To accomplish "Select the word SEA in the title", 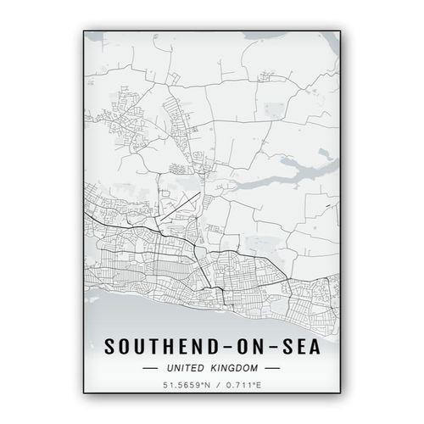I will click(303, 348).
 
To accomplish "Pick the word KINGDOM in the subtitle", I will click(237, 369).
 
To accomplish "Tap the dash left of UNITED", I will click(151, 369).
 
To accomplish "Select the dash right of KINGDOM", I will click(273, 369).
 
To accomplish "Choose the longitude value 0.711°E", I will click(243, 388).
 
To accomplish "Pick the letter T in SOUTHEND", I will click(155, 348).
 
